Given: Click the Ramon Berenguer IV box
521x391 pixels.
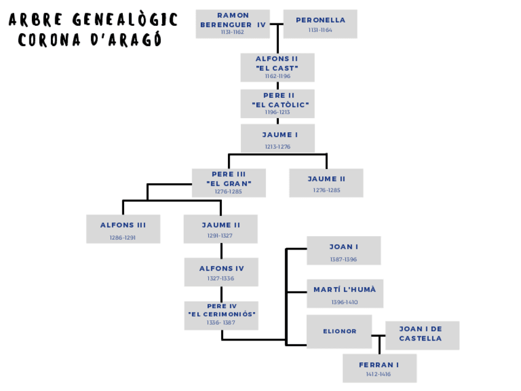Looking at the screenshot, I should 233,24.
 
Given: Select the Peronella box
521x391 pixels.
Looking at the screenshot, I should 320,24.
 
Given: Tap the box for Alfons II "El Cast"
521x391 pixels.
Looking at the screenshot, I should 277,68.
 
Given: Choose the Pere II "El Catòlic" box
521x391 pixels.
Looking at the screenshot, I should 277,104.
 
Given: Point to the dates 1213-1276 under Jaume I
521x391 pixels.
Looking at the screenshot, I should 278,147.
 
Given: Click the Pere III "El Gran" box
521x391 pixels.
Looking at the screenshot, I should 229,183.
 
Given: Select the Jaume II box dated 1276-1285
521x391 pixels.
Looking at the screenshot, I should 326,183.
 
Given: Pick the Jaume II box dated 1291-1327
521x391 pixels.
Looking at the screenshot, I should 221,229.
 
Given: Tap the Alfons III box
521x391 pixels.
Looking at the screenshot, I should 123,229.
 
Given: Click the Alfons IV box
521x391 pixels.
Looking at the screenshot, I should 221,272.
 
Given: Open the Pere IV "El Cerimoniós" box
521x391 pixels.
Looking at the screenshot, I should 221,315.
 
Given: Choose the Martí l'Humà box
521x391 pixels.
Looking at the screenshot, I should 345,294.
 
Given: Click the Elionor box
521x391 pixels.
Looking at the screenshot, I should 340,331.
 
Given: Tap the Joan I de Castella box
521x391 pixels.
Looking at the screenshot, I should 422,335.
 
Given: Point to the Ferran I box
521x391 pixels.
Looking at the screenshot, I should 379,368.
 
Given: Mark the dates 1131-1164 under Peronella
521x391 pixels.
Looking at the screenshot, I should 320,30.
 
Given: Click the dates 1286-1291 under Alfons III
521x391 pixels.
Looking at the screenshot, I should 123,237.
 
